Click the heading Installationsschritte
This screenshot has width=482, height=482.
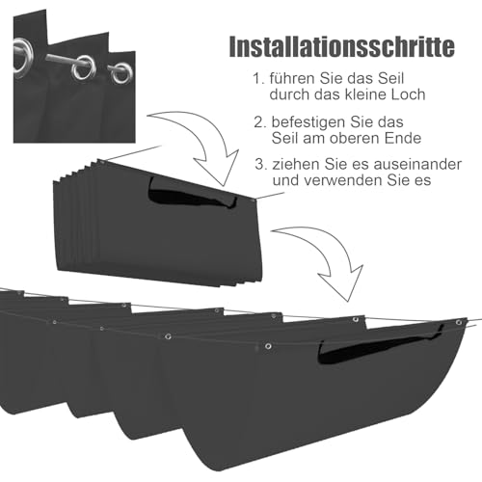342,47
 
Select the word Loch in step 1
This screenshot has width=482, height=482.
409,94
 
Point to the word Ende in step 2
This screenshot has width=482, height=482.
404,138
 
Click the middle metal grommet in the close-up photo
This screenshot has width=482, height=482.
83,68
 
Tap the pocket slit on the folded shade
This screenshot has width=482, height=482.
192,196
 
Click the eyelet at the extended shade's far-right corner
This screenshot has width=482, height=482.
459,322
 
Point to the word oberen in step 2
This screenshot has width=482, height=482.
357,138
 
